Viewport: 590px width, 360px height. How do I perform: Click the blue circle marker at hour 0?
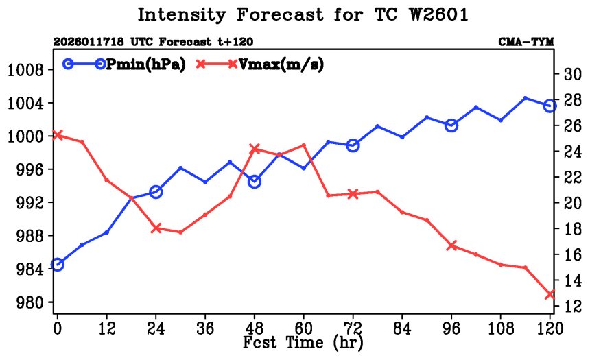58,265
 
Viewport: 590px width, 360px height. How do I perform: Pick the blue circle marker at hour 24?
156,192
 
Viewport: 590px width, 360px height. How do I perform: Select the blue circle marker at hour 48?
255,182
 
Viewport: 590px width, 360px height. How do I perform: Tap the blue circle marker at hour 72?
353,145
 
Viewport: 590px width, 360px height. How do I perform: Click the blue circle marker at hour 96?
451,125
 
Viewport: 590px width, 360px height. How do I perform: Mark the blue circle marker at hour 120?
550,106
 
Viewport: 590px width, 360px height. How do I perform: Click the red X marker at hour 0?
58,135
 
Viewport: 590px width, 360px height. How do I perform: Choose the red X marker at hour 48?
255,149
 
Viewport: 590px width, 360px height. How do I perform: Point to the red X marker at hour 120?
550,294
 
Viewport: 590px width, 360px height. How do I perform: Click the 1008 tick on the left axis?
26,70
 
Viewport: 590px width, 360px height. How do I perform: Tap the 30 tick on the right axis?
571,74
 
